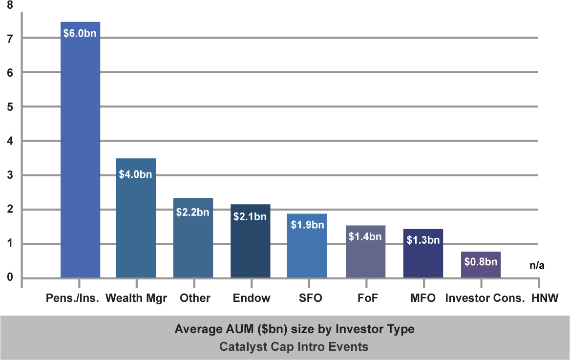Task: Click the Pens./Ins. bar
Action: (80, 156)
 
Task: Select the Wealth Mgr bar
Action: (136, 225)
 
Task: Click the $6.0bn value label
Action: (80, 35)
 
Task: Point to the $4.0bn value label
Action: (136, 174)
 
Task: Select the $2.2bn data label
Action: (193, 213)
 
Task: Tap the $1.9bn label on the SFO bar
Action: (307, 225)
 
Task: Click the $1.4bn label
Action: (365, 237)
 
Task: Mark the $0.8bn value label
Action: (481, 262)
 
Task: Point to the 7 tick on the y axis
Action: (10, 38)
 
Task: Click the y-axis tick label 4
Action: (10, 141)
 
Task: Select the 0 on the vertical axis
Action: (10, 278)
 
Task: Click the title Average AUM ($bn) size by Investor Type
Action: (294, 329)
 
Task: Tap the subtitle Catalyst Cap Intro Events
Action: (294, 347)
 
